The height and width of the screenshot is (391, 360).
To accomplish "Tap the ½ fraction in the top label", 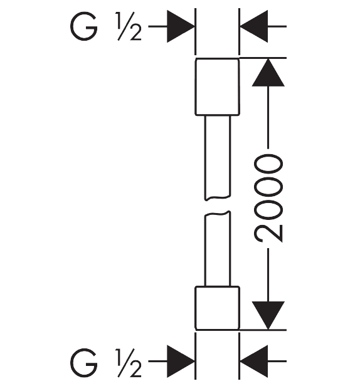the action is click(128, 26).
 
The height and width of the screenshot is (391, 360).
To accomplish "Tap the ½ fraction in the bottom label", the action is click(128, 363).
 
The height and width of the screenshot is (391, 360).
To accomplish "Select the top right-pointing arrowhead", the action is click(181, 26).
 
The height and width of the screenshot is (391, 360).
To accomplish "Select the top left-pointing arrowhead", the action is click(253, 26).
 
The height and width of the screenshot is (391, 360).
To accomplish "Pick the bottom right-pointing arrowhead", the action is click(181, 361).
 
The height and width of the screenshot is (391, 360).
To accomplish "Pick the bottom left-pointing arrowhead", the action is click(253, 361).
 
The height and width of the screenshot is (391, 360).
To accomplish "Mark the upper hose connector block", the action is click(217, 86).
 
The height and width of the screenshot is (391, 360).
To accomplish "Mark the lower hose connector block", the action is click(217, 308).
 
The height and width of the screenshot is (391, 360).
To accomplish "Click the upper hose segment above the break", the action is click(218, 157).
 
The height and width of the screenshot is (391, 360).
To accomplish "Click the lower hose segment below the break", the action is click(218, 249).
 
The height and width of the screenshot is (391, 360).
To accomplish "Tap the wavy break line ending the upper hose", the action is click(218, 198).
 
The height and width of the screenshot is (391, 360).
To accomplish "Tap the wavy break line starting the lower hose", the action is click(218, 214).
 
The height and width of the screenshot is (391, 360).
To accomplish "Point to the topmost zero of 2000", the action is click(268, 164).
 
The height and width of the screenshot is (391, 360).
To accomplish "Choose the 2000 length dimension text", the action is click(268, 199).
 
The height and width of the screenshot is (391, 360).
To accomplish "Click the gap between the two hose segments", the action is click(218, 206).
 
